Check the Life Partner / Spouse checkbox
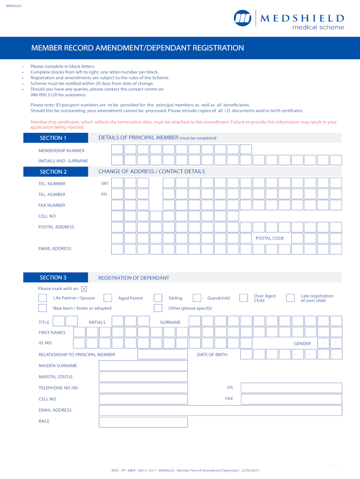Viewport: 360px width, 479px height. (x=43, y=298)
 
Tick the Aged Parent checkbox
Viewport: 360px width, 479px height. (x=108, y=298)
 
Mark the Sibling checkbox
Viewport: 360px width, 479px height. (x=158, y=298)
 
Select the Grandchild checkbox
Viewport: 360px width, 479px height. (x=197, y=298)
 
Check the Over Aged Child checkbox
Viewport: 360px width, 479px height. (x=244, y=298)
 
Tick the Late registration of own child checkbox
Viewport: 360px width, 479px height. (x=290, y=298)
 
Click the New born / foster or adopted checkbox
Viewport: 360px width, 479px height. (x=43, y=308)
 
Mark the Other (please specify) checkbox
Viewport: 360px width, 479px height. (x=158, y=308)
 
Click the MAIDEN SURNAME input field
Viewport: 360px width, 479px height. (x=143, y=366)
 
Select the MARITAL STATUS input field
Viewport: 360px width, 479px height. (x=143, y=377)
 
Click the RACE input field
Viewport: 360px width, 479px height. (x=143, y=422)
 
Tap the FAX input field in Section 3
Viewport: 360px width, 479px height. (x=291, y=399)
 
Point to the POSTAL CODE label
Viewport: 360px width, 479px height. (x=270, y=239)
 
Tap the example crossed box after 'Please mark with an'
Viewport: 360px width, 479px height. (x=84, y=289)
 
